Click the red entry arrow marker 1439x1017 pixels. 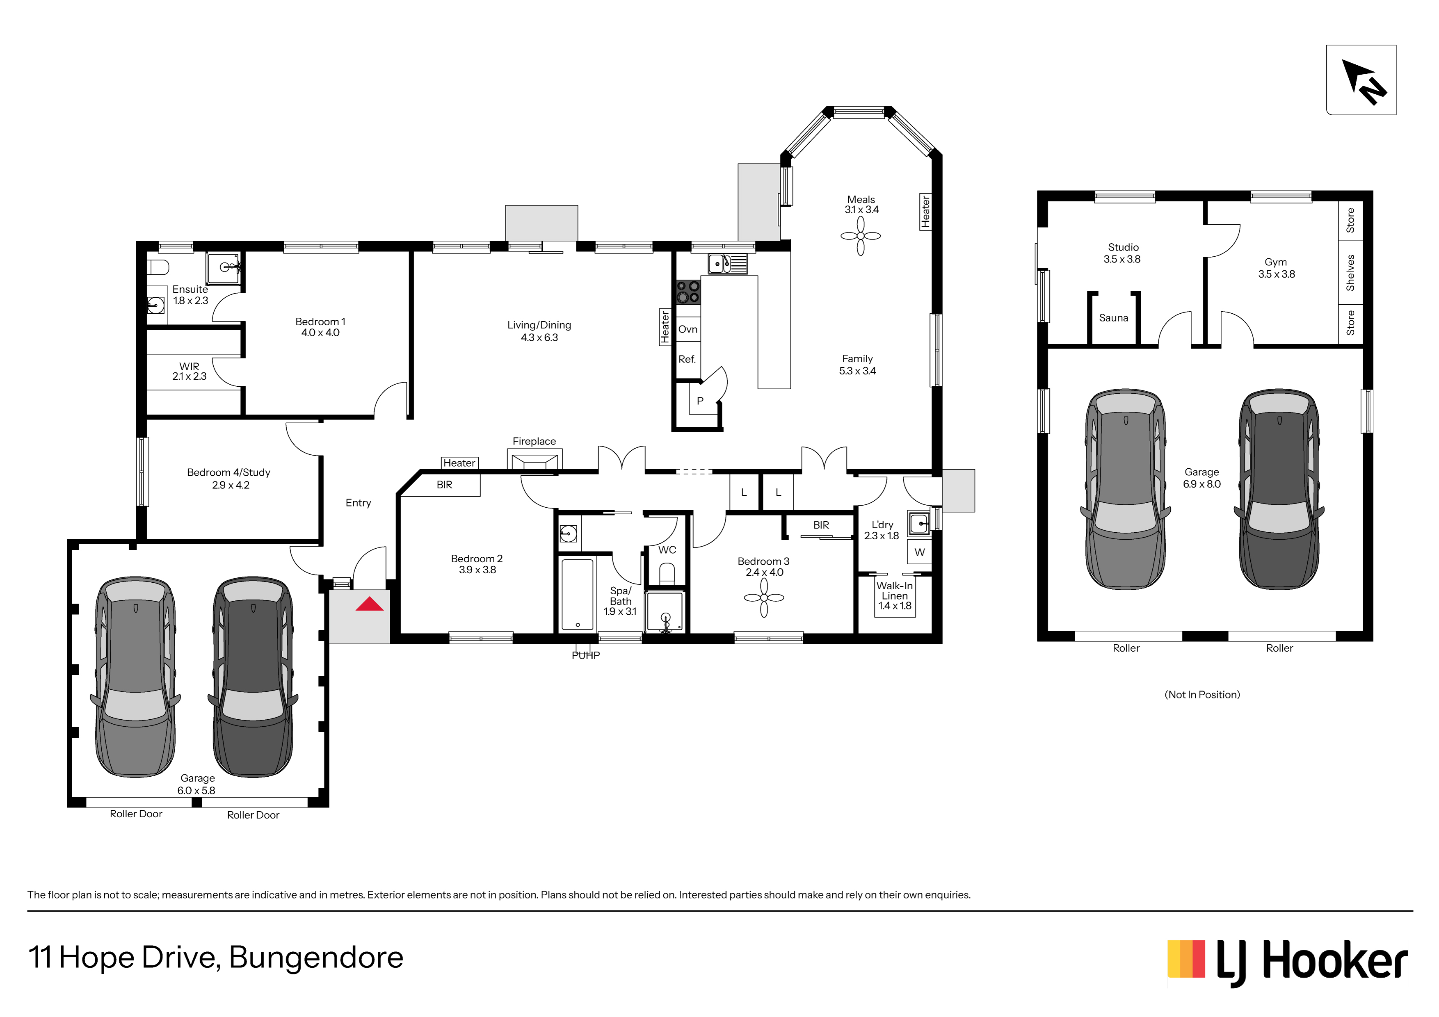click(x=369, y=604)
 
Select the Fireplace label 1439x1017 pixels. click(x=534, y=441)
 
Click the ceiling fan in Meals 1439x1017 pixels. click(x=861, y=236)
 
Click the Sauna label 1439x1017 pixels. click(x=1113, y=318)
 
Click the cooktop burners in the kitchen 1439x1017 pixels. click(x=688, y=292)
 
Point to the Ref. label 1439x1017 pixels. click(x=687, y=359)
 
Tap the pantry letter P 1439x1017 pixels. click(x=700, y=400)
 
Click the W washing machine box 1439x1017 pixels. click(x=919, y=552)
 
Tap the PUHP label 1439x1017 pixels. click(x=585, y=655)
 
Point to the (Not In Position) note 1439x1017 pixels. click(x=1202, y=694)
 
